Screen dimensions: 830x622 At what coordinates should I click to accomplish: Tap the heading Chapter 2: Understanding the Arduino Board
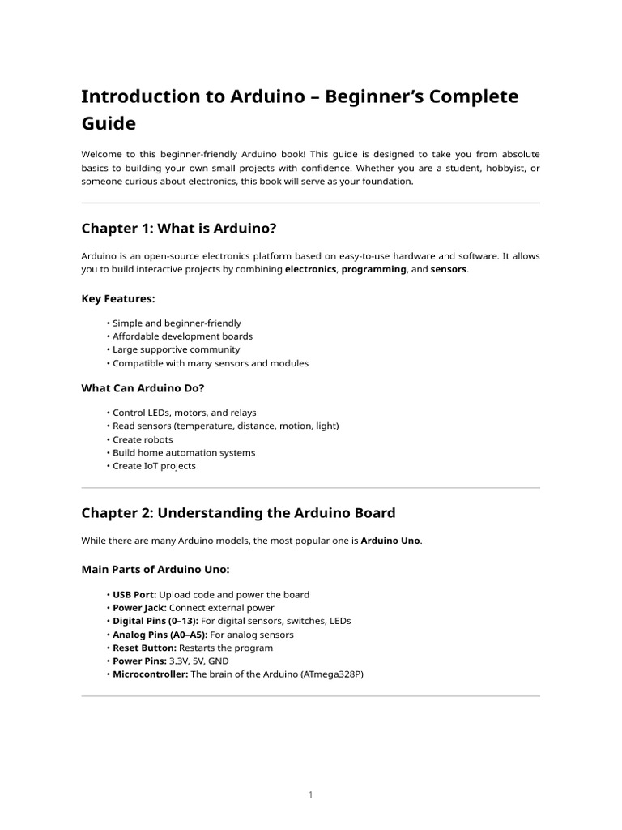point(238,513)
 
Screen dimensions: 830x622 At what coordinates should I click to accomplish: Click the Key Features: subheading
point(118,299)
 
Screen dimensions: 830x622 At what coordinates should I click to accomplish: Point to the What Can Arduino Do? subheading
point(143,388)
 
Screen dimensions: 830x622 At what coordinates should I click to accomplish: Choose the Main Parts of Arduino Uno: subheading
point(155,570)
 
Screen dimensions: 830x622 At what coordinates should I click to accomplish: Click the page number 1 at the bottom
point(310,794)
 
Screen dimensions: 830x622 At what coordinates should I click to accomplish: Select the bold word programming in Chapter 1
point(373,269)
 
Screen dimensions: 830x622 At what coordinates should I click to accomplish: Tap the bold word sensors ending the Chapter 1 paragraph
point(448,269)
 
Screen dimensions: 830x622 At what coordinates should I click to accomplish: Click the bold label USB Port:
point(134,595)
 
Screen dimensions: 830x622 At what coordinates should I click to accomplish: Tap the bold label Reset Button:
point(144,648)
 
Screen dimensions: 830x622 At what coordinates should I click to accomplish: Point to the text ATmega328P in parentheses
point(331,674)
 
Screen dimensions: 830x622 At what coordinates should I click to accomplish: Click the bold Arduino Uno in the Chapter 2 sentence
point(390,541)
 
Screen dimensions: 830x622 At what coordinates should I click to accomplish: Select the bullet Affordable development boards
point(182,336)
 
